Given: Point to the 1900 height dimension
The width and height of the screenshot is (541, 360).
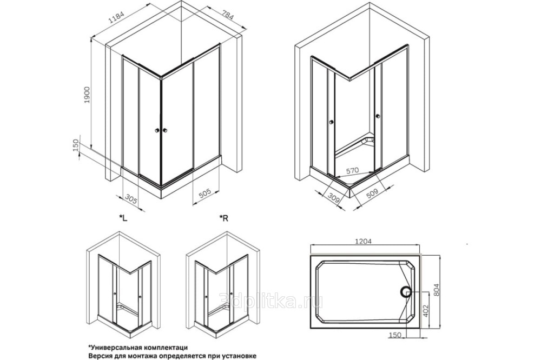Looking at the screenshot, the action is coord(87,95).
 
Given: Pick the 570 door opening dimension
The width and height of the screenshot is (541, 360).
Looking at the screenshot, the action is coord(352,170).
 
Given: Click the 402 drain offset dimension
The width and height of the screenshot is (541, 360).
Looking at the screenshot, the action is coord(426,311).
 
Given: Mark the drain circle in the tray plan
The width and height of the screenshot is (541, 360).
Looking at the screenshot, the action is coord(405,292).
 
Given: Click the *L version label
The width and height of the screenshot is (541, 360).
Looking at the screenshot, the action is coord(123,218).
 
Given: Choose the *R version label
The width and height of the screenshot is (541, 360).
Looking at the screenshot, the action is coord(224,218).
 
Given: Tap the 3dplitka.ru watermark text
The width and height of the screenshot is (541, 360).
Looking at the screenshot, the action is coord(272,301).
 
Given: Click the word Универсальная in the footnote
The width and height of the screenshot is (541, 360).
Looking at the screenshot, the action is coord(114,347).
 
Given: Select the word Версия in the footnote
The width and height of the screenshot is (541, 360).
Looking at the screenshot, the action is coord(100,355).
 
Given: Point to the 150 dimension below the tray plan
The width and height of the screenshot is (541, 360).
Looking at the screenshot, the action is coord(394,335).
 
